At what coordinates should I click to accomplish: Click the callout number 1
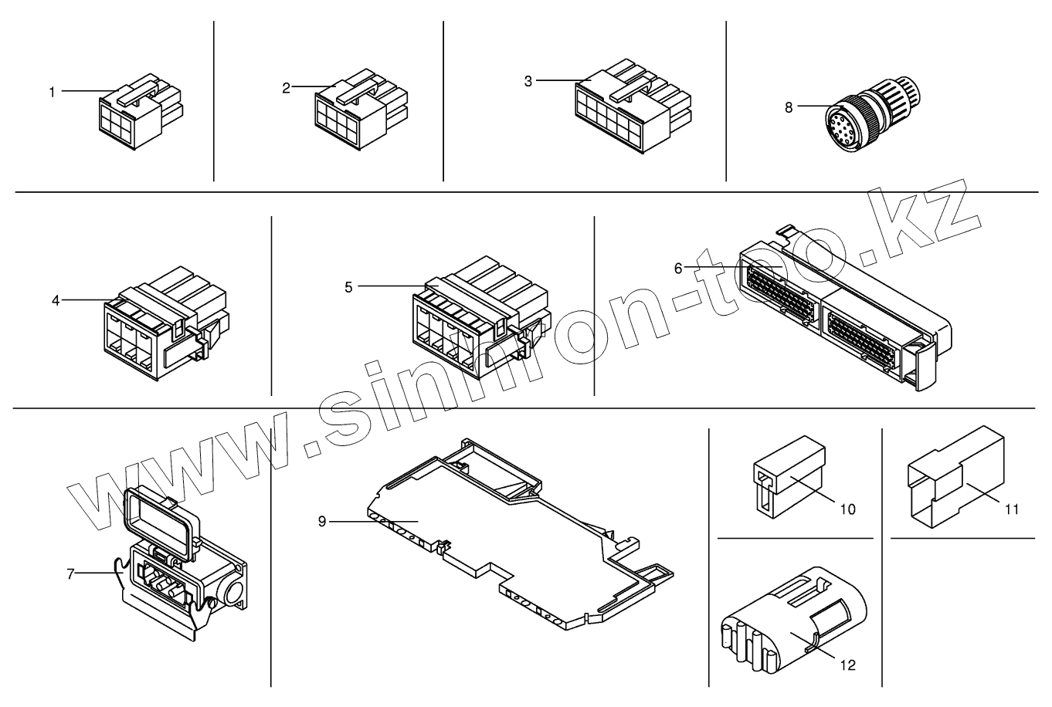point(53,92)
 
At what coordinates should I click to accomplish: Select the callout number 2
point(286,88)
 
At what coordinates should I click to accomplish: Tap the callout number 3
point(528,81)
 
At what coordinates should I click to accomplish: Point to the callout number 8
point(789,107)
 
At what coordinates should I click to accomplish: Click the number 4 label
point(56,300)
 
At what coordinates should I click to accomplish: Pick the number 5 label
point(349,287)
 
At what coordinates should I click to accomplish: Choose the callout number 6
point(678,269)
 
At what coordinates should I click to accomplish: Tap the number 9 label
point(322,522)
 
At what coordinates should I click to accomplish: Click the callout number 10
point(848,509)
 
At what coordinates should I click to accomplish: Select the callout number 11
point(1012,509)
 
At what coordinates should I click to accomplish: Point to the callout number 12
point(848,665)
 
